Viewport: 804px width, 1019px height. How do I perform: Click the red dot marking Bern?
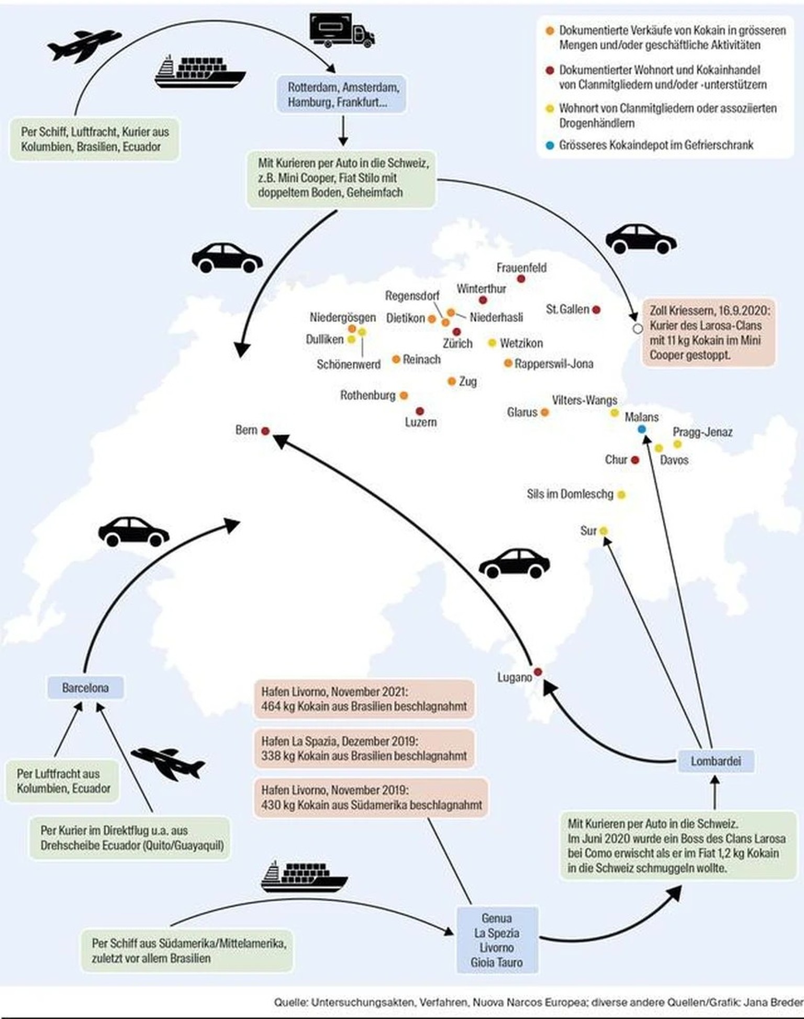coord(265,431)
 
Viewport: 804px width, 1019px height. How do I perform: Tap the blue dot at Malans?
coord(642,429)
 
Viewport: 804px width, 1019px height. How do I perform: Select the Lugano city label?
coord(514,677)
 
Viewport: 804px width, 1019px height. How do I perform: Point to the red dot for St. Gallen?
coord(596,310)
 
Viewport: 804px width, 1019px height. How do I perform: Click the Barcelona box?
coord(85,688)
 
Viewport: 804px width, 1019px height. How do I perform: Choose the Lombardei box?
coord(716,761)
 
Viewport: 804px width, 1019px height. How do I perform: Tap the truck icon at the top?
coord(342,30)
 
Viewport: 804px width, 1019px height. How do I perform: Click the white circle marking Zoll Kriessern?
coord(637,329)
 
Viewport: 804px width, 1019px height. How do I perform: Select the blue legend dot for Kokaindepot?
coord(550,146)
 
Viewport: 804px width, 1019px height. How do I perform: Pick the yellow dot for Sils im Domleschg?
coord(621,494)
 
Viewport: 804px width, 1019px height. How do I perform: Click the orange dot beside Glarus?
coord(544,413)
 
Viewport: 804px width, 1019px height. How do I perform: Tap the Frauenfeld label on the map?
coord(521,268)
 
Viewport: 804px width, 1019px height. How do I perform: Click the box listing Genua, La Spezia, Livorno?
coord(497,940)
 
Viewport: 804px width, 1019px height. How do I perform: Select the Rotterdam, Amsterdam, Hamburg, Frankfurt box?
coord(342,94)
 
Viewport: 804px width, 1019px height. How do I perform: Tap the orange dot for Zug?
coord(452,382)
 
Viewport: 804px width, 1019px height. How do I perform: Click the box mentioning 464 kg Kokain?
coord(364,699)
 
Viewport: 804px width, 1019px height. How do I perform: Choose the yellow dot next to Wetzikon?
coord(492,343)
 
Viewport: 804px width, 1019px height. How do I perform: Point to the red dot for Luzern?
coord(419,412)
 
